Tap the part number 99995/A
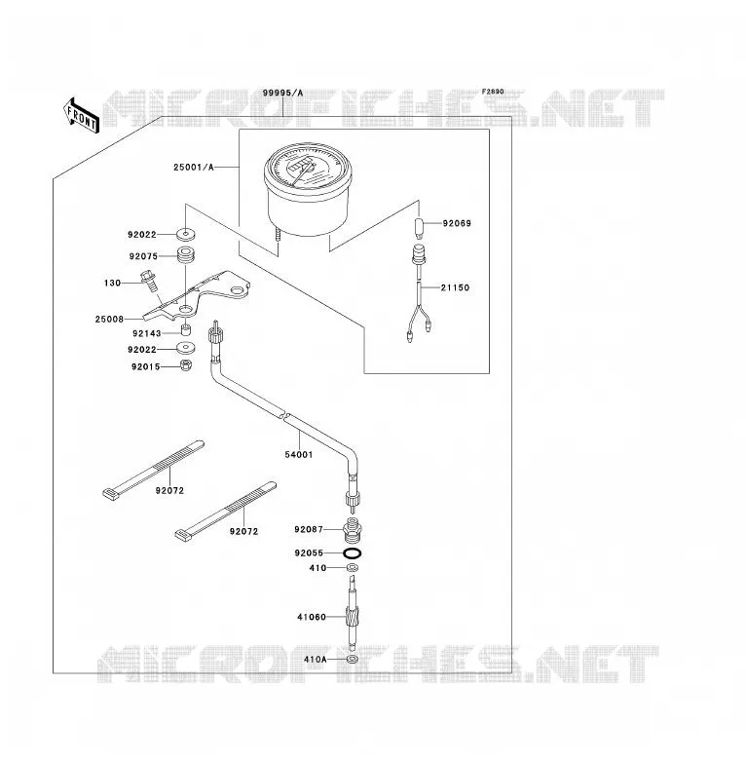tap(282, 93)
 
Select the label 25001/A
tap(193, 168)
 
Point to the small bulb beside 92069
tap(420, 227)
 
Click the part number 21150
tap(455, 287)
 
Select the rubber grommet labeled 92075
tap(185, 255)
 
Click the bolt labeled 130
tap(149, 281)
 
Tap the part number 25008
tap(109, 320)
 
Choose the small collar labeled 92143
tap(185, 330)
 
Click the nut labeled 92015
tap(186, 365)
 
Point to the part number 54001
tap(299, 455)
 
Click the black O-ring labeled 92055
tap(353, 553)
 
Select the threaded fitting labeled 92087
tap(353, 530)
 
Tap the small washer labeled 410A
tap(353, 660)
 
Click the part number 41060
tap(312, 617)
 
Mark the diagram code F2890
tap(493, 92)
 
